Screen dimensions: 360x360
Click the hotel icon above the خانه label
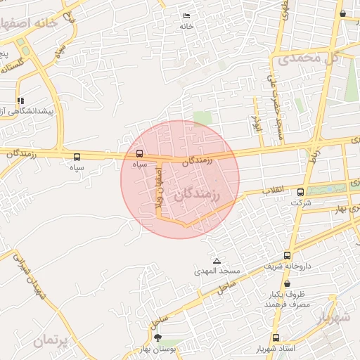pyautogui.click(x=186, y=15)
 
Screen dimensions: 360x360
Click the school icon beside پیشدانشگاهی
pyautogui.click(x=20, y=100)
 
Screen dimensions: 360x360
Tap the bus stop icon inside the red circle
pyautogui.click(x=139, y=153)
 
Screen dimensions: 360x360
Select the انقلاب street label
pyautogui.click(x=274, y=190)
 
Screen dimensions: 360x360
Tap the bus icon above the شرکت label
pyautogui.click(x=300, y=192)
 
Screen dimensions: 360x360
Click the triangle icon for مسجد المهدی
pyautogui.click(x=217, y=260)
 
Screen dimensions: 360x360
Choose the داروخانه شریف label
pyautogui.click(x=287, y=266)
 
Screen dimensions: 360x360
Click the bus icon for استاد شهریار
pyautogui.click(x=275, y=337)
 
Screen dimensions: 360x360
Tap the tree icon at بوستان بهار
pyautogui.click(x=157, y=337)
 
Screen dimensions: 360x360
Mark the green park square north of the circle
pyautogui.click(x=202, y=117)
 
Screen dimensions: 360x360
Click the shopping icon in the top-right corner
pyautogui.click(x=342, y=13)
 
